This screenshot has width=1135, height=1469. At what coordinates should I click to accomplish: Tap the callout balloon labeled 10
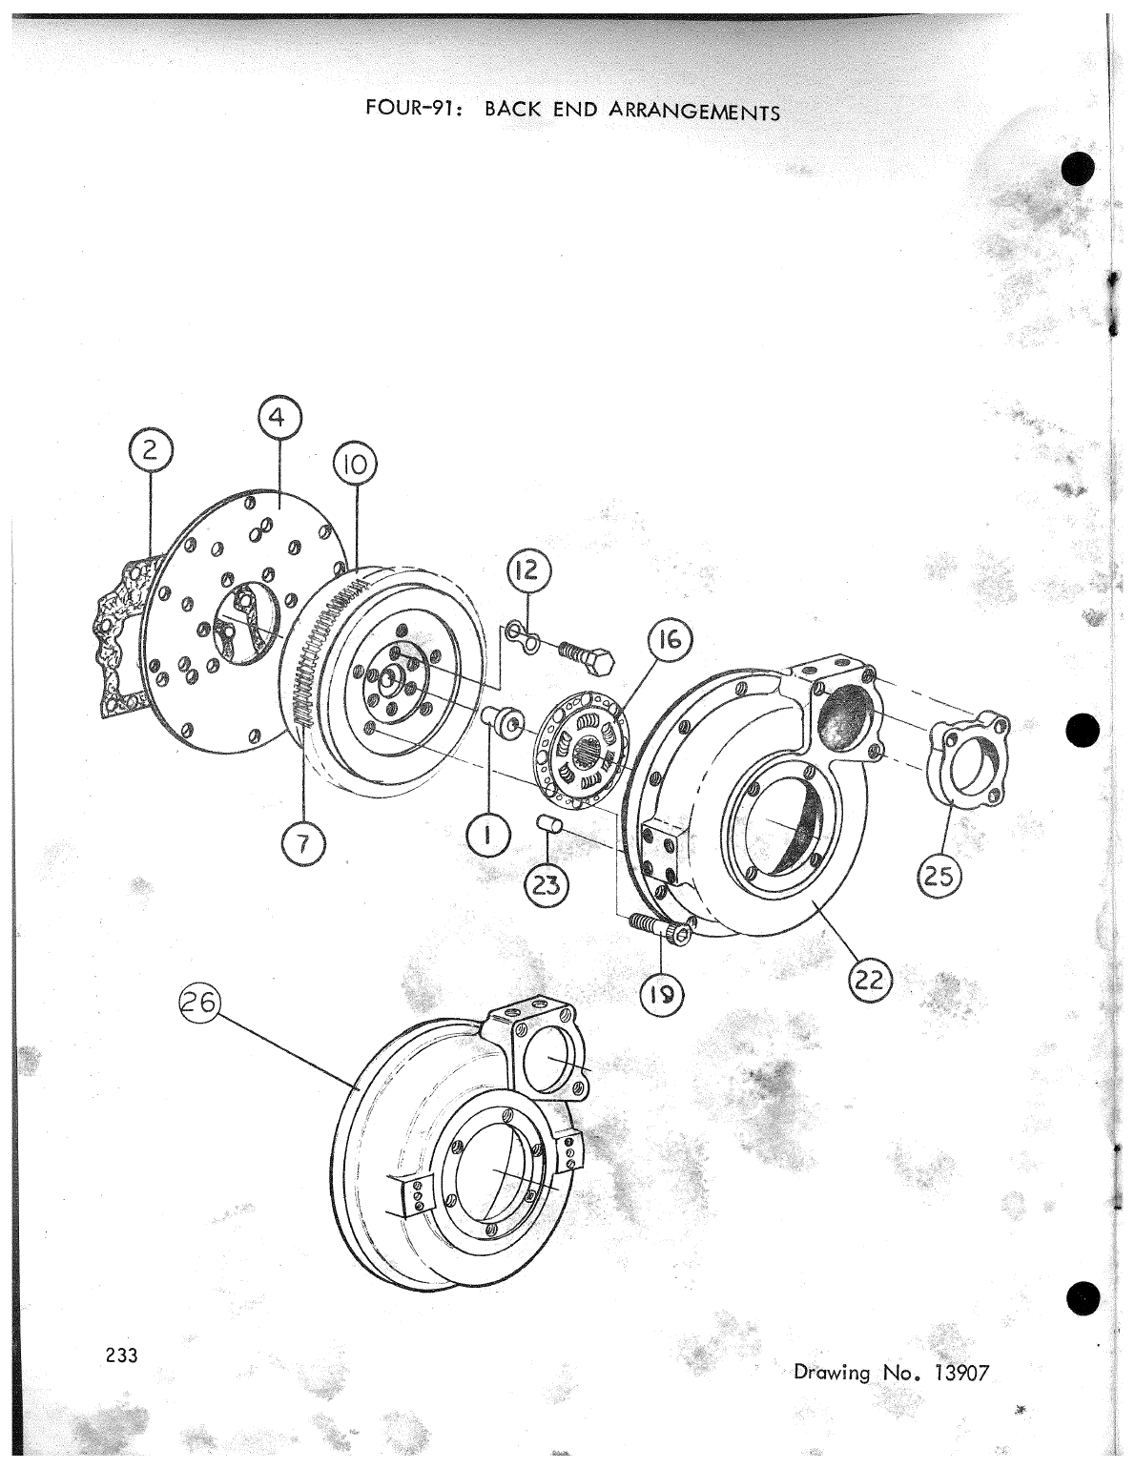(355, 467)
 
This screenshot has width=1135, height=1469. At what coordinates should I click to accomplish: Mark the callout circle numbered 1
(487, 837)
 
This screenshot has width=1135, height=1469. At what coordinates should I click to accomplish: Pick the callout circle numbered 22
(868, 980)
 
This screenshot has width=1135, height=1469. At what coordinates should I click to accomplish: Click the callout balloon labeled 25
(939, 877)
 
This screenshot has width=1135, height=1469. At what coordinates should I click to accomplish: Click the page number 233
(122, 1355)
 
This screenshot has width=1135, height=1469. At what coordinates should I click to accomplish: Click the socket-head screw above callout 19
(657, 927)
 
